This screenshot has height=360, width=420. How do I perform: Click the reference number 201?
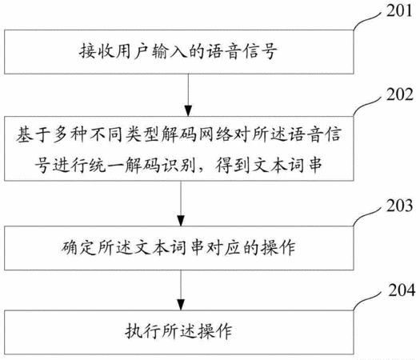click(x=399, y=11)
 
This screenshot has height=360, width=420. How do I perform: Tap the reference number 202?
click(x=399, y=94)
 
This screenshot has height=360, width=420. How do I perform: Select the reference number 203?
click(x=399, y=206)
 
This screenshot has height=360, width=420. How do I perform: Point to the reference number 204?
click(x=402, y=290)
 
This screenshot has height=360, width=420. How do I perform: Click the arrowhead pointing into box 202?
click(x=188, y=111)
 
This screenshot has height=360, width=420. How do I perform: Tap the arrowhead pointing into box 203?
click(x=181, y=221)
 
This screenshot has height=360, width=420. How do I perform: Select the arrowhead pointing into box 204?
click(x=181, y=306)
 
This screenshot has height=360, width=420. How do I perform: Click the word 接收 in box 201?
click(x=97, y=51)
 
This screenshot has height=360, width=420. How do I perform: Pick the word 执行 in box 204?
click(x=142, y=331)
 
